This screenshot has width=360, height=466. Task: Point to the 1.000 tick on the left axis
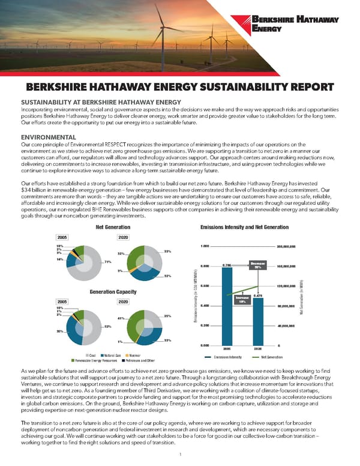(205, 246)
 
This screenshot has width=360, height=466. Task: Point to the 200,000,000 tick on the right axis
(286, 246)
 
